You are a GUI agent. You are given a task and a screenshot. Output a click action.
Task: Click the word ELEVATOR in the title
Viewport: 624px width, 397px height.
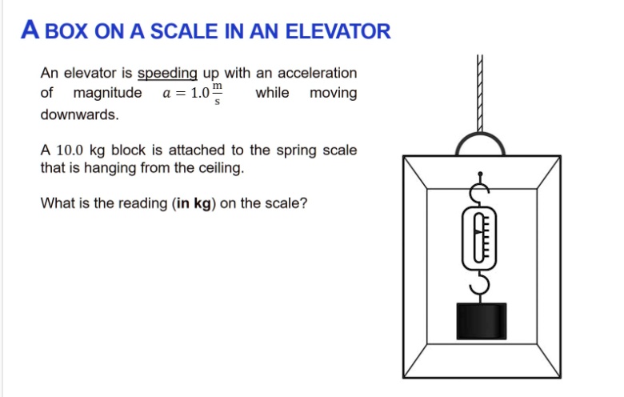click(x=338, y=32)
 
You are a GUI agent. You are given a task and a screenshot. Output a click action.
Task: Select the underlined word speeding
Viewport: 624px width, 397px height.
click(x=167, y=74)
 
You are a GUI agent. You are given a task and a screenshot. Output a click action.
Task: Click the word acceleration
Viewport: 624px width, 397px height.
click(x=314, y=74)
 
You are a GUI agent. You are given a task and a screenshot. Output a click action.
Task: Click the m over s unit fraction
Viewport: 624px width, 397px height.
click(x=218, y=94)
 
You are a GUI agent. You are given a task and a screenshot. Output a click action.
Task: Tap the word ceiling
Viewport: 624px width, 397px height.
click(x=220, y=169)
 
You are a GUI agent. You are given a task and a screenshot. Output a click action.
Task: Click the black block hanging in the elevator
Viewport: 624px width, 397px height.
click(x=482, y=320)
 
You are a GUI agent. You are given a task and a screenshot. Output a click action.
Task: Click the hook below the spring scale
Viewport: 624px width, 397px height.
click(x=482, y=282)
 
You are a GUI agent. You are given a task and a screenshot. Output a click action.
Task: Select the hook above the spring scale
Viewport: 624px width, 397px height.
click(x=481, y=190)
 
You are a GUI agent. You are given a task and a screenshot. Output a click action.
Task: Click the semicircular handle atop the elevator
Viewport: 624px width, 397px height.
click(x=481, y=144)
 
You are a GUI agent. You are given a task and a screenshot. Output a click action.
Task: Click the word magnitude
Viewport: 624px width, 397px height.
click(x=108, y=94)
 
